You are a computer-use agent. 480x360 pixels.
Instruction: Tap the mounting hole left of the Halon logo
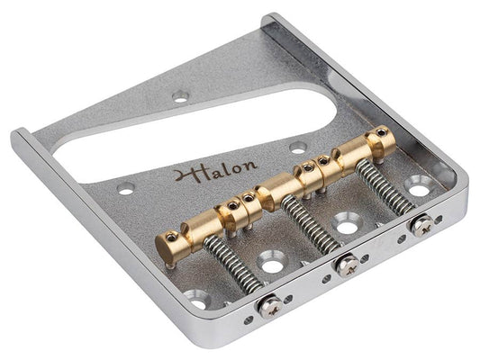tap(126, 187)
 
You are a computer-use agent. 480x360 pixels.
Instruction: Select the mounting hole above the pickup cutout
tap(182, 93)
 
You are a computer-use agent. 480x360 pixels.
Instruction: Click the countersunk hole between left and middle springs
tap(269, 262)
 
